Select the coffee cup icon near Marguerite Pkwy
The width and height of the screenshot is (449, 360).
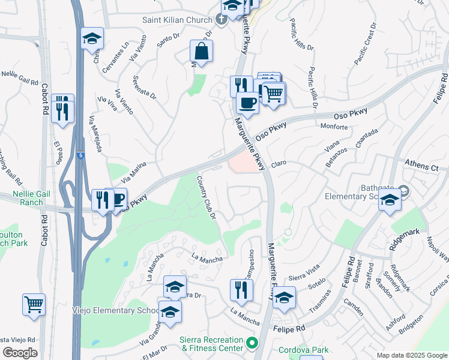(x=247, y=103)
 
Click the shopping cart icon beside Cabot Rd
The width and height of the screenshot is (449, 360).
(x=34, y=304)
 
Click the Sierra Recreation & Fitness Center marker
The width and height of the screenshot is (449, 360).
(x=252, y=344)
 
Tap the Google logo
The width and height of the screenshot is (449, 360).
(x=20, y=353)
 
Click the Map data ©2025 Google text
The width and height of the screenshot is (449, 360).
(x=412, y=355)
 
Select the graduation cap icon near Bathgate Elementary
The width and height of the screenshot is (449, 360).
(x=390, y=202)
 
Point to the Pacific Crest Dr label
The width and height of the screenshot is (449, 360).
(x=364, y=44)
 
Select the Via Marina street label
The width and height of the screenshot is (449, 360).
(x=133, y=172)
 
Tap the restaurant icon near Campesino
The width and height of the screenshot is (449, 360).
(x=241, y=290)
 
